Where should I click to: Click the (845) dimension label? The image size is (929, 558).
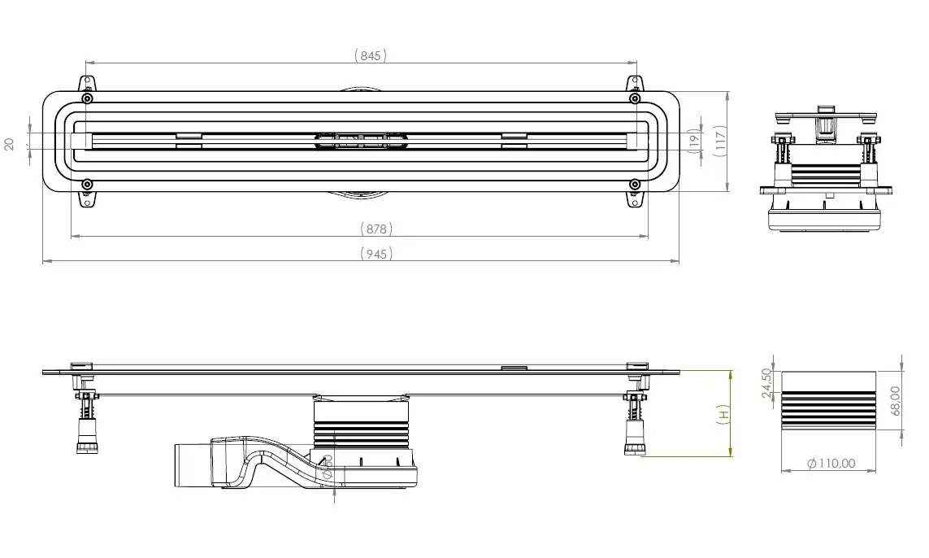[x=371, y=55]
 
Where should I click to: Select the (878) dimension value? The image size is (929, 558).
[x=376, y=229]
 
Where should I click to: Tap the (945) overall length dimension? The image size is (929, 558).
[x=376, y=254]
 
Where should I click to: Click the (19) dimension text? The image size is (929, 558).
[x=693, y=140]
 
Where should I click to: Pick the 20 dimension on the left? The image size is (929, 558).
[x=10, y=143]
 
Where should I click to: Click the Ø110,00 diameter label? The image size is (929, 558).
[x=831, y=463]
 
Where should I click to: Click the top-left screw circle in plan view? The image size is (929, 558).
[x=87, y=99]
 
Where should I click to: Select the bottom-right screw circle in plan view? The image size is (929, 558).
[x=633, y=184]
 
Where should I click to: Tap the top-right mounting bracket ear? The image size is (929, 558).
[x=633, y=84]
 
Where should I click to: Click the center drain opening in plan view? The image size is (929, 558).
[x=358, y=142]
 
